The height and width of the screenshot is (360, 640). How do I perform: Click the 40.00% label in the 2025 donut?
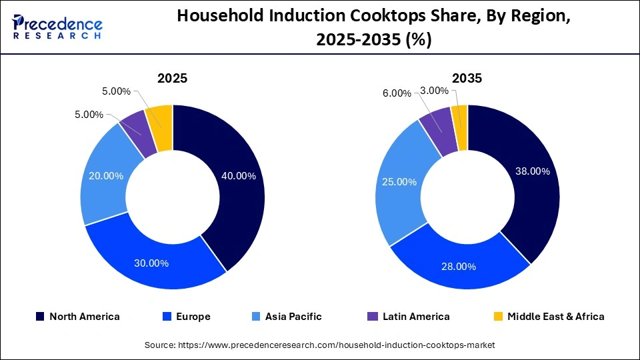[238, 176]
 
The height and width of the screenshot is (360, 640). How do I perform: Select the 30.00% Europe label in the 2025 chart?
[151, 263]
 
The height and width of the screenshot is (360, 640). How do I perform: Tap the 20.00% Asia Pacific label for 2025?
[106, 176]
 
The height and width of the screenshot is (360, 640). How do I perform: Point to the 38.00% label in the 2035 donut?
[533, 171]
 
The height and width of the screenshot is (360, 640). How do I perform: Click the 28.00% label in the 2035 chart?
[458, 267]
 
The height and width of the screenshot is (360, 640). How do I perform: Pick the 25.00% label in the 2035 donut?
[400, 182]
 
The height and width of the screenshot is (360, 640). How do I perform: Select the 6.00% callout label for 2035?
[397, 93]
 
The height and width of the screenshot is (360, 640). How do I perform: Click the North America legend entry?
[78, 317]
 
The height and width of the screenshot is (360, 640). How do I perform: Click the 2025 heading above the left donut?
[172, 78]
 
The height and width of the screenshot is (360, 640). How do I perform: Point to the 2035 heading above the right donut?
[467, 78]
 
